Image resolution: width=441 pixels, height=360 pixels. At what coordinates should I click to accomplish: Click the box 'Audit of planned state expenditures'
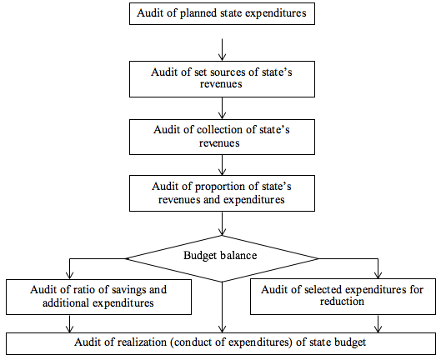[222, 14]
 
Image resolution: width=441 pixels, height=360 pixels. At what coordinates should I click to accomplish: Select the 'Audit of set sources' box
[222, 79]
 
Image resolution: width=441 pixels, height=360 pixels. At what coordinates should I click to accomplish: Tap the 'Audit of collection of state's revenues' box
[222, 137]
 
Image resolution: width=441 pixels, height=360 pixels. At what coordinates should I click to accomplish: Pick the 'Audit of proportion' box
[222, 193]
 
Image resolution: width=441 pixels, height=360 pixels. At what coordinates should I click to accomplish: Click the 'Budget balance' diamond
[222, 258]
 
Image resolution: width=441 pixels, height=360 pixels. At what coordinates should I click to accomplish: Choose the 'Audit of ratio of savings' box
[98, 297]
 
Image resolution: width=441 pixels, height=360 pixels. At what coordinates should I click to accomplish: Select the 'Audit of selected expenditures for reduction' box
[343, 297]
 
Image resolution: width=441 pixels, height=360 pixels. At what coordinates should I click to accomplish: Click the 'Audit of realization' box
[221, 343]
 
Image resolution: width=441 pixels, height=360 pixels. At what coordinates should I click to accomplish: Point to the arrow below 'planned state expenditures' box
[223, 50]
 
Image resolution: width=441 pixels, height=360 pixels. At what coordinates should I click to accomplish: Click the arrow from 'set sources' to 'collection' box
[223, 108]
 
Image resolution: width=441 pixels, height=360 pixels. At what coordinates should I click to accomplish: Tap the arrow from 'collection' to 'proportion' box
[223, 165]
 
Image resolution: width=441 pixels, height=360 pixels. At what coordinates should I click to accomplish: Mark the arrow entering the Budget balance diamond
[223, 223]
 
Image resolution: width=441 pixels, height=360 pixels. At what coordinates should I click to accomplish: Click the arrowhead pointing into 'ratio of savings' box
[69, 275]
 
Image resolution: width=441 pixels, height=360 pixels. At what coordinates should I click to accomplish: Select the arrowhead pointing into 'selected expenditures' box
[378, 275]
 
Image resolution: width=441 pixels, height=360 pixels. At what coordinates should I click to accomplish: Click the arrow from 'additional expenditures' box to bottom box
[69, 323]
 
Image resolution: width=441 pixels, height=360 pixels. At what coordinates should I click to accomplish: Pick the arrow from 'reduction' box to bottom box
[378, 323]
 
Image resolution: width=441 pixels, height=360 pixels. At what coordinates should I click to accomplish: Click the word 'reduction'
[342, 302]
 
